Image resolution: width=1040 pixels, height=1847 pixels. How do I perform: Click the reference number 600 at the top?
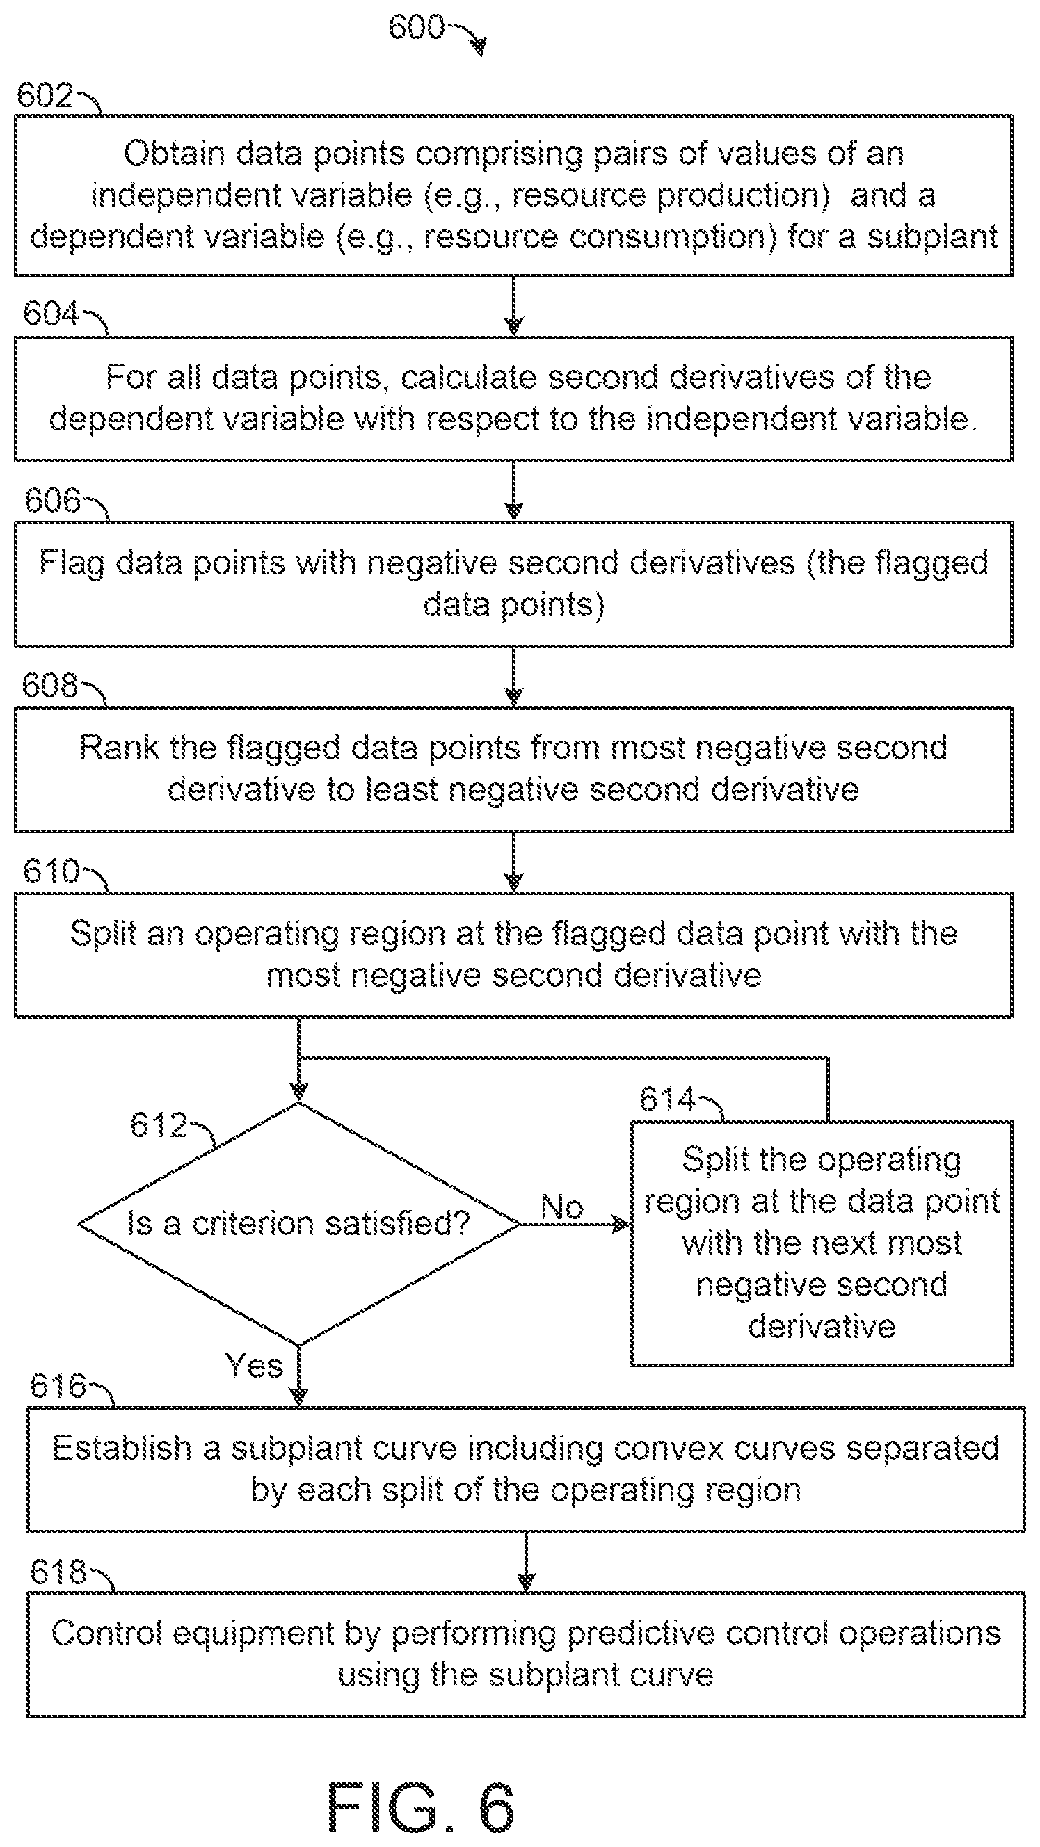pos(416,27)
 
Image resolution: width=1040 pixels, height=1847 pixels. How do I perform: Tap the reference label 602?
pos(45,95)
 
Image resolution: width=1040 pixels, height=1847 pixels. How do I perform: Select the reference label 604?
pos(51,314)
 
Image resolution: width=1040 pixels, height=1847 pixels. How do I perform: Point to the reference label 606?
pos(52,500)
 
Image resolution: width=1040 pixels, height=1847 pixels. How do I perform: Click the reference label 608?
pos(49,685)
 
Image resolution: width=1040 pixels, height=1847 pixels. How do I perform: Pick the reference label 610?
pos(51,871)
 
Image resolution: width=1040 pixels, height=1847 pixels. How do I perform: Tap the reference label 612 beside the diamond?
pos(159,1124)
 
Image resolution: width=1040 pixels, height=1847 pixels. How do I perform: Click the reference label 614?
pos(668,1099)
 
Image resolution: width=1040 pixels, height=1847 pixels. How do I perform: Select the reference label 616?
pos(58,1385)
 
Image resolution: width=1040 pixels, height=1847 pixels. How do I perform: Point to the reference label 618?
pos(58,1572)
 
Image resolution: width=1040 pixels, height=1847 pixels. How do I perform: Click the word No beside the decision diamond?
pos(562,1207)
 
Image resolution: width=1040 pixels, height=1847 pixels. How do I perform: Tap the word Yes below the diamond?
pos(254,1364)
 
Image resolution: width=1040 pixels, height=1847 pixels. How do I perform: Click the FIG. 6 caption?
pos(421,1807)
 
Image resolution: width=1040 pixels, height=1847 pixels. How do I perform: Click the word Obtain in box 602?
pos(175,154)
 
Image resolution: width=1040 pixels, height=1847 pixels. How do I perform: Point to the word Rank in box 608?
pos(120,748)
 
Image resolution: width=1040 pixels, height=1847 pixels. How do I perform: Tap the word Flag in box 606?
pos(72,563)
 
